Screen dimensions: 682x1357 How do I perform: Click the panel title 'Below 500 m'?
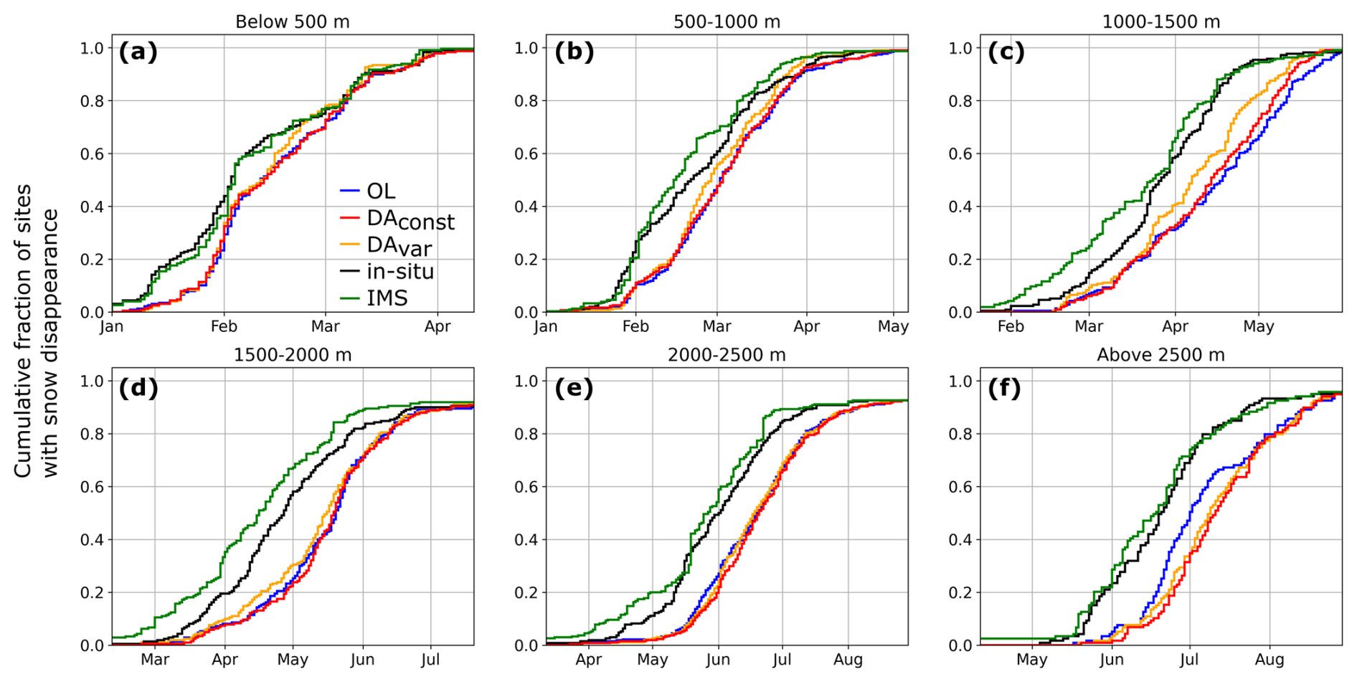click(x=293, y=22)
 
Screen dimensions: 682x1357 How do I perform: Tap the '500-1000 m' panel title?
click(x=727, y=22)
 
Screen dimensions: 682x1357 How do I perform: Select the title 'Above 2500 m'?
click(x=1160, y=355)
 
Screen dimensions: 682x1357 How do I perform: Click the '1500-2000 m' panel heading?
click(x=293, y=355)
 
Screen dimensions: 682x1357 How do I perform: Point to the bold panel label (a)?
click(x=138, y=52)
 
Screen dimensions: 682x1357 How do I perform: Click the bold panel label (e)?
click(x=573, y=388)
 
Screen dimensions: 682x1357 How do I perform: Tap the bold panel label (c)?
click(x=1006, y=52)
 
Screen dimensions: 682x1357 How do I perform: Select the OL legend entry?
click(x=381, y=191)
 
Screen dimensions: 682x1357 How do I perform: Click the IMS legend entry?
click(x=387, y=298)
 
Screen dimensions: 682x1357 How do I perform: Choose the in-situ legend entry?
click(x=400, y=271)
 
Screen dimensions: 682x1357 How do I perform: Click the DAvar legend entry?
click(x=399, y=246)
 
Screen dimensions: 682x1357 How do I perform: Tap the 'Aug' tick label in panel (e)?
click(x=848, y=660)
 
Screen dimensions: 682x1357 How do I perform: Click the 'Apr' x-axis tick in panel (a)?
click(x=438, y=327)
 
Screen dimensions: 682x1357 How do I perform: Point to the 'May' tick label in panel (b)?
click(x=893, y=327)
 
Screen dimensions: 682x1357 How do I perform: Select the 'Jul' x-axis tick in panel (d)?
click(x=430, y=660)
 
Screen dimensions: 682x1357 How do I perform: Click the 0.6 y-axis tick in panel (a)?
click(x=92, y=154)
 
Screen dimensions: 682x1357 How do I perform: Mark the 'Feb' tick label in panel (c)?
click(x=1011, y=327)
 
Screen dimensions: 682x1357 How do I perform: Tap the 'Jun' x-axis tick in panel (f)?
click(x=1111, y=660)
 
